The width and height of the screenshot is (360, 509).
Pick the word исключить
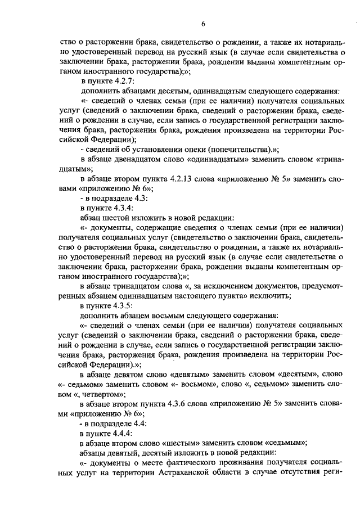point(272,296)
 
